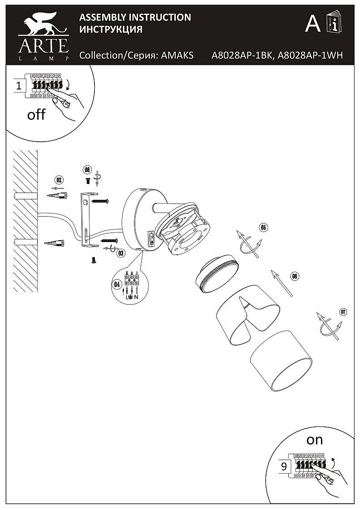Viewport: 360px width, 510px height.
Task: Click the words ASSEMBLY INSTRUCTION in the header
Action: (x=135, y=18)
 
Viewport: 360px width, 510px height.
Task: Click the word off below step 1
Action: (x=36, y=114)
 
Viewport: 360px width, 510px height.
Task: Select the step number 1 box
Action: (x=19, y=85)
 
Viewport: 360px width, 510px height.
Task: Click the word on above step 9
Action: (x=314, y=439)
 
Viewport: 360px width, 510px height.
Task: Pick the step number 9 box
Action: (x=284, y=466)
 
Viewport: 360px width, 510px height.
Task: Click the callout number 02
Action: (x=59, y=179)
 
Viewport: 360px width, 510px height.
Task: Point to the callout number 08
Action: (x=87, y=169)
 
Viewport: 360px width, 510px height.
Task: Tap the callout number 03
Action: (x=120, y=253)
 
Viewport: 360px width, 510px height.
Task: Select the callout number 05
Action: (x=263, y=227)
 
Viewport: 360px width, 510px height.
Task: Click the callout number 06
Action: (x=294, y=276)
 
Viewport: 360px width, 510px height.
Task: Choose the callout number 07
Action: (x=343, y=312)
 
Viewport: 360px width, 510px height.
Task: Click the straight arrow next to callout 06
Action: (x=281, y=283)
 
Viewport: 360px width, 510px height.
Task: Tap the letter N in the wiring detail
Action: (x=136, y=297)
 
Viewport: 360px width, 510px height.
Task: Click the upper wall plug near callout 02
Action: (x=57, y=195)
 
